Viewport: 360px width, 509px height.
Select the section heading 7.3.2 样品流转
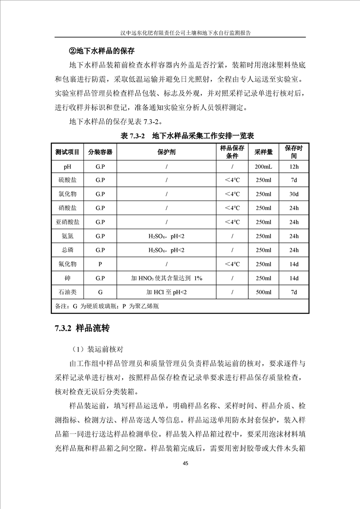pos(82,328)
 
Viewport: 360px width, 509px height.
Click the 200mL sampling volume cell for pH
pos(263,166)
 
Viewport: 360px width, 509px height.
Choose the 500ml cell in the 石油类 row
pos(263,292)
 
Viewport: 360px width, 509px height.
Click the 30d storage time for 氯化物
pos(294,194)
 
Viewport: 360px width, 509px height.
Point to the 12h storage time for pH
pos(294,166)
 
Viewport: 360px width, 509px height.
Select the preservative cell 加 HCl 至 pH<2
pos(167,292)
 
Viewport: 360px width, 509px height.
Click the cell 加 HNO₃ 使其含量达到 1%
pos(167,278)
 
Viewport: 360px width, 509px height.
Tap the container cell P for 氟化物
pos(100,264)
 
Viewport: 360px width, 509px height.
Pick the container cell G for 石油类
pos(100,292)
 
